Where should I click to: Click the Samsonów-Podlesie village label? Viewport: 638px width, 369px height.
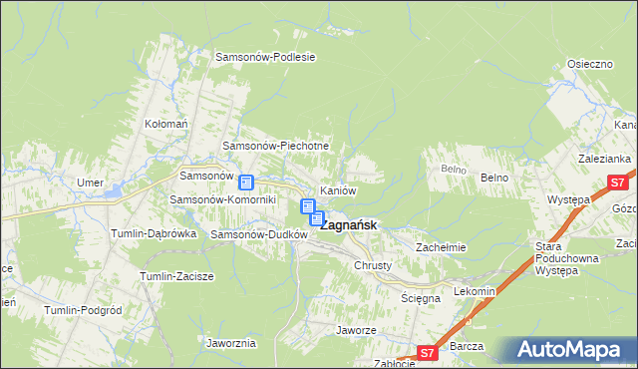[x=265, y=57]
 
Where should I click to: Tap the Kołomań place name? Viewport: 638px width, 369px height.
[x=166, y=124]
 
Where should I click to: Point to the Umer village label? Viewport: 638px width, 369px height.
[x=90, y=183]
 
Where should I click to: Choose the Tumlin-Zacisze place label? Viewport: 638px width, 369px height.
[x=175, y=275]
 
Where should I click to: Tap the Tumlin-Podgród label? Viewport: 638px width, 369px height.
[x=83, y=310]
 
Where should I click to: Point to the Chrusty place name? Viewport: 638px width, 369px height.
[x=372, y=266]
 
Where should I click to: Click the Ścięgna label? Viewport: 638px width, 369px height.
[x=420, y=298]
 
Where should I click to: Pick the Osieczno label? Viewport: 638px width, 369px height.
[x=589, y=63]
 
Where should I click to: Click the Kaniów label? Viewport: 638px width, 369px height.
[x=337, y=189]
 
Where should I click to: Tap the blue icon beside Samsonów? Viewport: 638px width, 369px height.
[x=246, y=183]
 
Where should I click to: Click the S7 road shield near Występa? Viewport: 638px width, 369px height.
[x=618, y=183]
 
